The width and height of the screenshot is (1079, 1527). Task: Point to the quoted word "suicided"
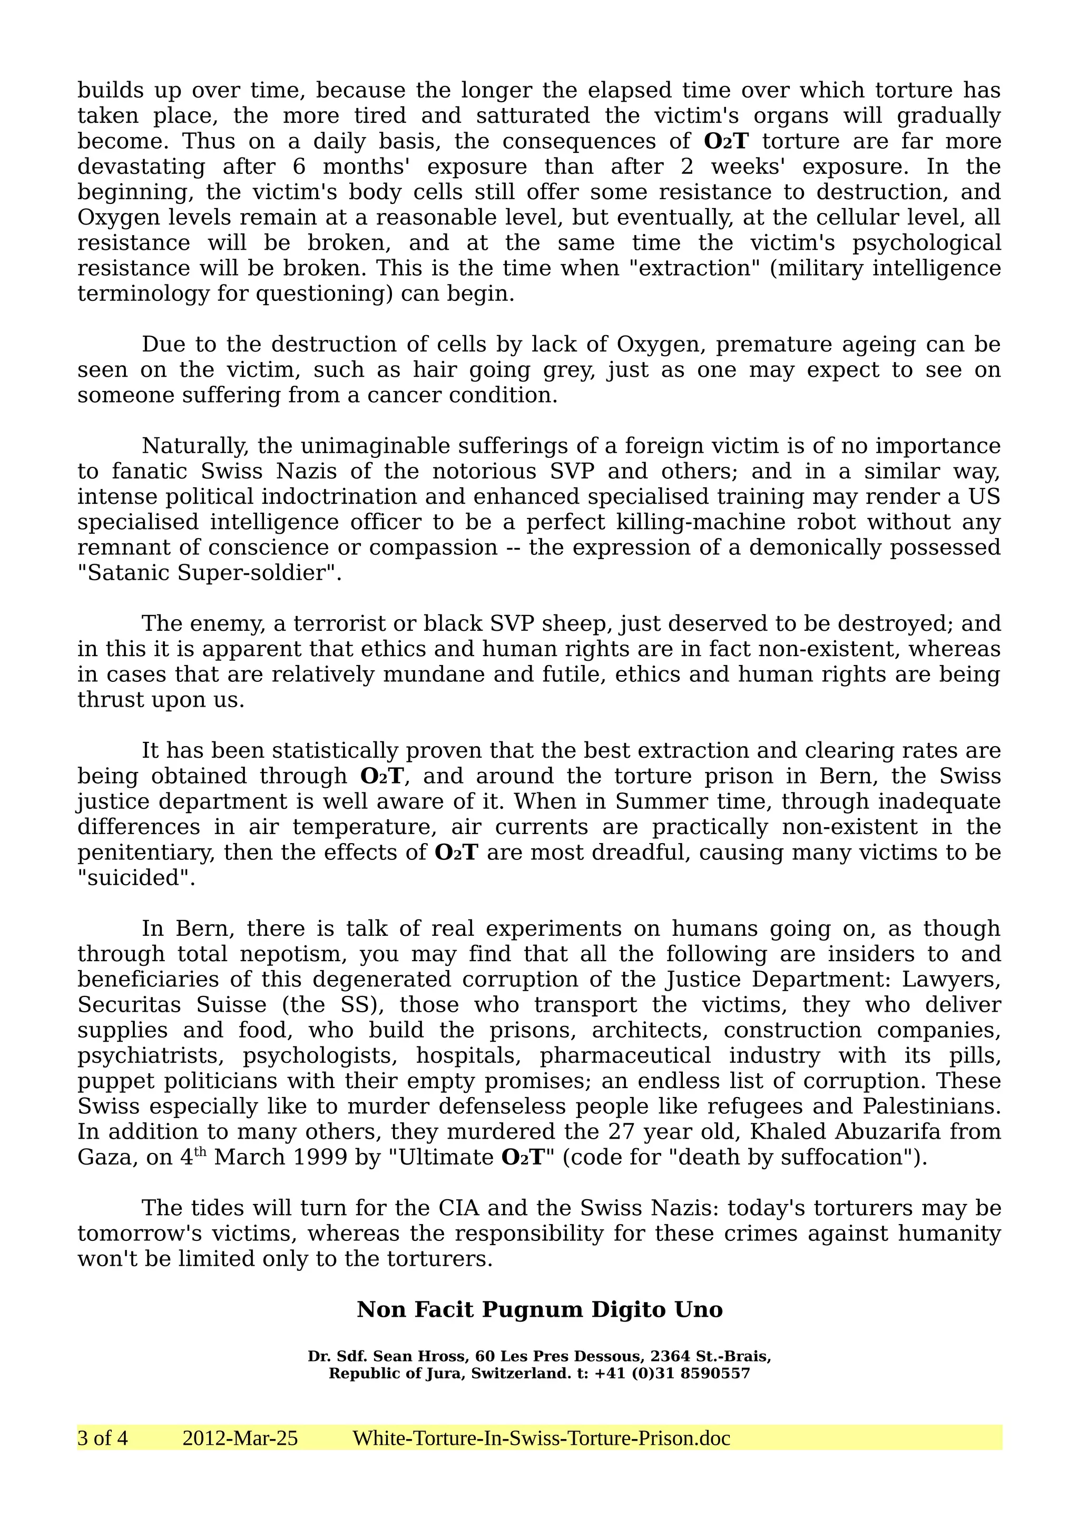tap(136, 878)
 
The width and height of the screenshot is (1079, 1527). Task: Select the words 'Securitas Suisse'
tap(172, 1005)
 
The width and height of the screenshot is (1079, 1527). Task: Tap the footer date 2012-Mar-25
tap(240, 1438)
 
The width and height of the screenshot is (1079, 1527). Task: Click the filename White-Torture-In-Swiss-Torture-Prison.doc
tap(541, 1438)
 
